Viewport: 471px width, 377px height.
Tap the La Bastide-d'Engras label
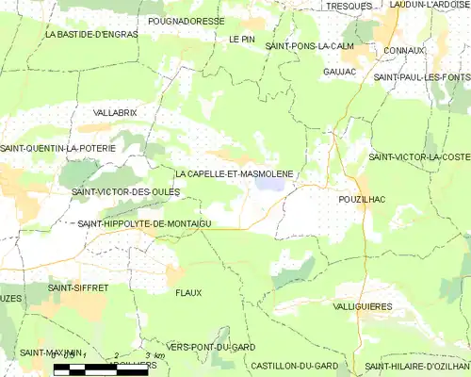click(91, 34)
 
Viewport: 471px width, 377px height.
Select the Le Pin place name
click(242, 40)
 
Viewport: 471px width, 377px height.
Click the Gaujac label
click(338, 71)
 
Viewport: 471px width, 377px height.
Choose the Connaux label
click(405, 50)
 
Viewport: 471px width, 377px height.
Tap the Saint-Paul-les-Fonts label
click(421, 76)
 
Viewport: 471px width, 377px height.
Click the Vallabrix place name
click(116, 112)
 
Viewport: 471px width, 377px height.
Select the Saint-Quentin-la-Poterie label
click(57, 148)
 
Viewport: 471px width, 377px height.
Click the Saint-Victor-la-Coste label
click(419, 156)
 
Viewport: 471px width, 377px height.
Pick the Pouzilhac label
click(360, 201)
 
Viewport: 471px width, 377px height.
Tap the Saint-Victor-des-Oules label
click(125, 192)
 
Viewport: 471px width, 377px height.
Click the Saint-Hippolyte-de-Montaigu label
click(144, 222)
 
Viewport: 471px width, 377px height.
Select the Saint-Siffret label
click(77, 287)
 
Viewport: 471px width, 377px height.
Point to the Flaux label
click(188, 293)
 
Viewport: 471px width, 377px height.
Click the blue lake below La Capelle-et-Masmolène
click(268, 186)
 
